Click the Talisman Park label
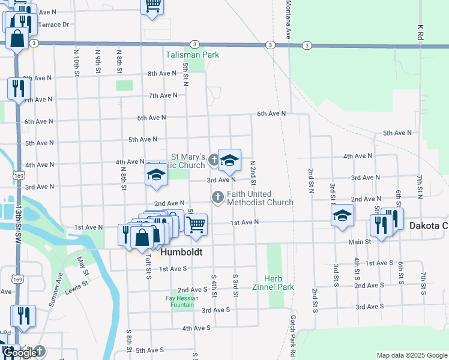[x=192, y=55]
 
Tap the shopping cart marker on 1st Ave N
[x=196, y=224]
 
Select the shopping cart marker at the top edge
[x=152, y=6]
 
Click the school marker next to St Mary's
[x=229, y=160]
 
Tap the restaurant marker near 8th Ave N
[x=17, y=88]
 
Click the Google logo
[x=20, y=353]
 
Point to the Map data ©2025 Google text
[x=411, y=355]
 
